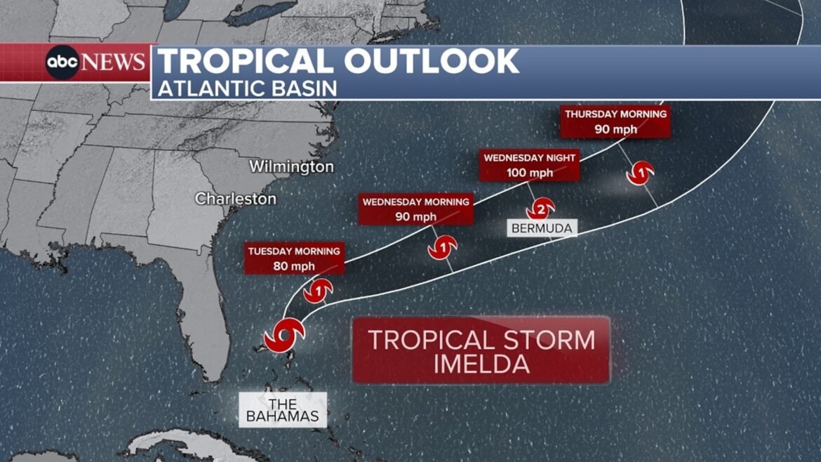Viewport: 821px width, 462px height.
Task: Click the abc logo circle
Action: click(x=63, y=62)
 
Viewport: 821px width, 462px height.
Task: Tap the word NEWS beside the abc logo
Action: click(x=114, y=62)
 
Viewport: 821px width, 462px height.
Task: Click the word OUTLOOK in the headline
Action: click(x=431, y=62)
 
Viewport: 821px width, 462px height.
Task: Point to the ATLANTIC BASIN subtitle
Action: click(x=247, y=88)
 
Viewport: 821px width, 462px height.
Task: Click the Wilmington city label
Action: click(x=291, y=167)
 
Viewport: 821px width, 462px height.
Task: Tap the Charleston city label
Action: click(x=236, y=199)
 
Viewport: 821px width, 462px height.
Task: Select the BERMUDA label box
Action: click(x=542, y=228)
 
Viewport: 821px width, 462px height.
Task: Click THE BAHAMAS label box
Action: click(x=283, y=409)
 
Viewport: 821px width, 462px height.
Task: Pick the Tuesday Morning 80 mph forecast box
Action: click(x=294, y=258)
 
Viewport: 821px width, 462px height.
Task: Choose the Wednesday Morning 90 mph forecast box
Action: click(x=415, y=209)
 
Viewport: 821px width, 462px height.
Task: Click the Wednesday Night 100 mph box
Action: click(x=529, y=165)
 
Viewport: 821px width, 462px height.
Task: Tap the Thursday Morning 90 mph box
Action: click(x=615, y=121)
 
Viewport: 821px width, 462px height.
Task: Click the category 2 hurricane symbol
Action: click(x=541, y=209)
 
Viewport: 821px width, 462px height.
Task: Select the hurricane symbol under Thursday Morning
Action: click(x=641, y=172)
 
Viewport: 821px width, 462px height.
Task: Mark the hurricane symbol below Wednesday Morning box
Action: click(x=443, y=247)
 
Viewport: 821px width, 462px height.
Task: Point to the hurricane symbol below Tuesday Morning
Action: click(x=318, y=289)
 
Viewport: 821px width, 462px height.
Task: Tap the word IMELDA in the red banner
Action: click(x=481, y=364)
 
